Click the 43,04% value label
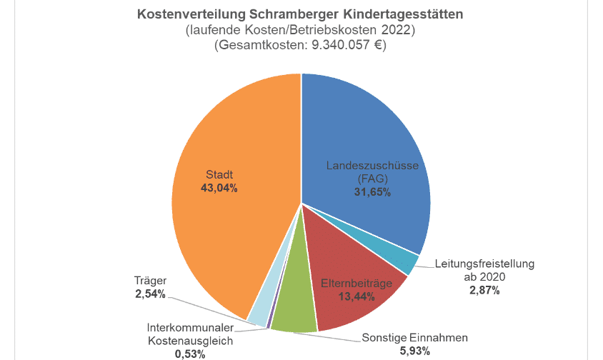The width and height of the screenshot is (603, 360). pos(220,189)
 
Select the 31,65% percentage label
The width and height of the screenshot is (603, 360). pos(372,192)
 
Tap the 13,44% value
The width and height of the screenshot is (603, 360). pos(357,296)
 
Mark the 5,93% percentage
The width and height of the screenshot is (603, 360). pos(415,351)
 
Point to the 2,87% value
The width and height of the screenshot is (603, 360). pos(484,290)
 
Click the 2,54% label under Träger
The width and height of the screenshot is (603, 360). pos(150,294)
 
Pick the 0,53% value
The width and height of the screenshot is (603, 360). pos(190,354)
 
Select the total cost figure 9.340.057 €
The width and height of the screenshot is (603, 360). pos(338,45)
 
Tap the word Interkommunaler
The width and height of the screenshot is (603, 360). pos(190,328)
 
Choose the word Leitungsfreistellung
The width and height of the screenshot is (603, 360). pos(484,264)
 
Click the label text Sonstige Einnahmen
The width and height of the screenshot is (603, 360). pos(415,338)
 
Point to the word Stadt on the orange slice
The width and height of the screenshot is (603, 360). pos(220,175)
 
